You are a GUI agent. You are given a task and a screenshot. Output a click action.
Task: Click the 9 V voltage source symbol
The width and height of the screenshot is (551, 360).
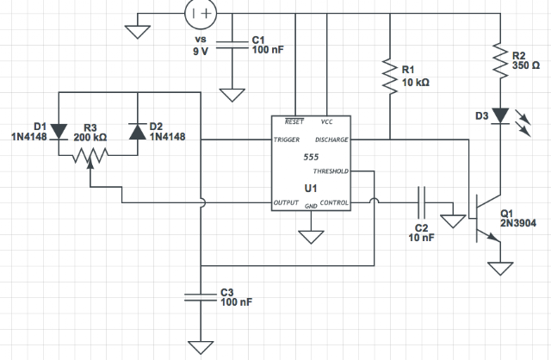coord(201,14)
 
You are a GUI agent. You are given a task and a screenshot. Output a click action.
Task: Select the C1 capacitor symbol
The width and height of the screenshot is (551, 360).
coord(232,45)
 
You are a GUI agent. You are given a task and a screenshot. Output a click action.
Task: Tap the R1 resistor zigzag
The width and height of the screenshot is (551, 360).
coord(390,77)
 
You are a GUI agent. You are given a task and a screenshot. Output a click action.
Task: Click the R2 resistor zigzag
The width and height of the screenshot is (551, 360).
coord(500,60)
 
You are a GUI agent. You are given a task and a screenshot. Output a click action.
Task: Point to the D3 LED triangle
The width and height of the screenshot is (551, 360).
coord(500,115)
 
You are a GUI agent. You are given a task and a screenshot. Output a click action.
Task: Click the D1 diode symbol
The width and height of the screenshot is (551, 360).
coord(59,132)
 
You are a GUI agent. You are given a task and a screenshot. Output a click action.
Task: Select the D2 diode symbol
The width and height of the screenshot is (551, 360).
coord(138,131)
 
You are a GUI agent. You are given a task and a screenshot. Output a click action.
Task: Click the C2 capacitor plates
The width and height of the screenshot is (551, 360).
coord(421,203)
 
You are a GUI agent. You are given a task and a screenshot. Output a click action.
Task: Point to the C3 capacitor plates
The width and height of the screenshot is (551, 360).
coord(201,297)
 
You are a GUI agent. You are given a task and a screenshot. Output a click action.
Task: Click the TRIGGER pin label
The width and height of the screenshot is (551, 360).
coord(287,140)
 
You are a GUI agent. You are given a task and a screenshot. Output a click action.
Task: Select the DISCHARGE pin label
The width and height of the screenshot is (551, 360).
coord(331,140)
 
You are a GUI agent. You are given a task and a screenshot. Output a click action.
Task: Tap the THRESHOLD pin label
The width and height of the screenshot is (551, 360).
coord(331,171)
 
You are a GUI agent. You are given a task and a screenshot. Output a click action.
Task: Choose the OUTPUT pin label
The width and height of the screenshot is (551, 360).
coord(286,203)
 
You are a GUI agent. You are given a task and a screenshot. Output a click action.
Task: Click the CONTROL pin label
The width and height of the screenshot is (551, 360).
coord(334,203)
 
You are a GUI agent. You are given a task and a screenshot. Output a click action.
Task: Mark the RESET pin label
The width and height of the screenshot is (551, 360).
coord(294,121)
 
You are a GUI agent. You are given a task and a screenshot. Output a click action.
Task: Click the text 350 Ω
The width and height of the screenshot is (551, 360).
coord(526,65)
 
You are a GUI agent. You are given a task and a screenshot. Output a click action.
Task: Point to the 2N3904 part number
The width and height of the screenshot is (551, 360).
coord(518,223)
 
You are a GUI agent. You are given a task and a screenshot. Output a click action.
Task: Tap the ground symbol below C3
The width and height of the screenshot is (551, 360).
coord(201,347)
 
